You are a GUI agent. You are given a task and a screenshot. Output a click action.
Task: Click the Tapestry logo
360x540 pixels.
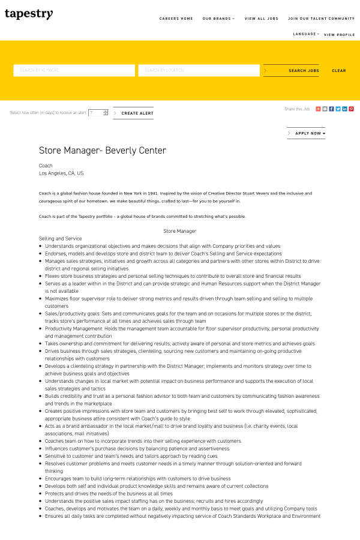pos(29,14)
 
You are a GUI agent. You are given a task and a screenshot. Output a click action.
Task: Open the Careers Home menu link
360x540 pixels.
pos(176,19)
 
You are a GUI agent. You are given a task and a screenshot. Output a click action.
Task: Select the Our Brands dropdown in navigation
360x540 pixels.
pos(218,19)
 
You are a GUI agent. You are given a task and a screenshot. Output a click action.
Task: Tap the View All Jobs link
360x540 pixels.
pos(262,19)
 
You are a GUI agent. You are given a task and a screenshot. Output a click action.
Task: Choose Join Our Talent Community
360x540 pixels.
pos(321,19)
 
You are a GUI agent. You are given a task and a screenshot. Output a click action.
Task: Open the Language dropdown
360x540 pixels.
pos(306,34)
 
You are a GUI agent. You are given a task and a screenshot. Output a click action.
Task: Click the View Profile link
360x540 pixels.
pos(340,35)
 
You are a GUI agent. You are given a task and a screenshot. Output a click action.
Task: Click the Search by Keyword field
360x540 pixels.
pos(74,71)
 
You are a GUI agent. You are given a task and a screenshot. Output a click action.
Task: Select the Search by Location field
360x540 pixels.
pos(199,71)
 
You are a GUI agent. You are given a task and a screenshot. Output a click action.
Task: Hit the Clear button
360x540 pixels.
pos(339,71)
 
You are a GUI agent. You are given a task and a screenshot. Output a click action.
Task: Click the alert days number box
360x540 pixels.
pos(96,113)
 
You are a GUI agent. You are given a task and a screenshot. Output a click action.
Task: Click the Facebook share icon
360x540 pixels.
pos(331,109)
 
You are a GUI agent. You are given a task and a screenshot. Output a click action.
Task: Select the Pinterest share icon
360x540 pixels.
pos(352,109)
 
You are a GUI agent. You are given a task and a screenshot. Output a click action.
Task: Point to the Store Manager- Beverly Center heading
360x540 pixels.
pos(103,151)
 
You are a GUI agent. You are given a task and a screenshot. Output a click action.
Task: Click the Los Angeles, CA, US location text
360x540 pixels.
pos(61,173)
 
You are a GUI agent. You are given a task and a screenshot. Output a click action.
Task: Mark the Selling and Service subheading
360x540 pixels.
pos(60,239)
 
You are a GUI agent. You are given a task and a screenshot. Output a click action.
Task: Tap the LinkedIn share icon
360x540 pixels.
pos(345,109)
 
